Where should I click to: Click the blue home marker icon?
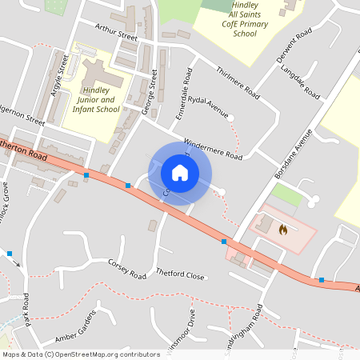tap(180, 173)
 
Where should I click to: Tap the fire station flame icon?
tap(282, 230)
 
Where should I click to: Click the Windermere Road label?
tap(213, 150)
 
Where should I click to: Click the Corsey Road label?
tap(127, 268)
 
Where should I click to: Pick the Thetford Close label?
tap(180, 276)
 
